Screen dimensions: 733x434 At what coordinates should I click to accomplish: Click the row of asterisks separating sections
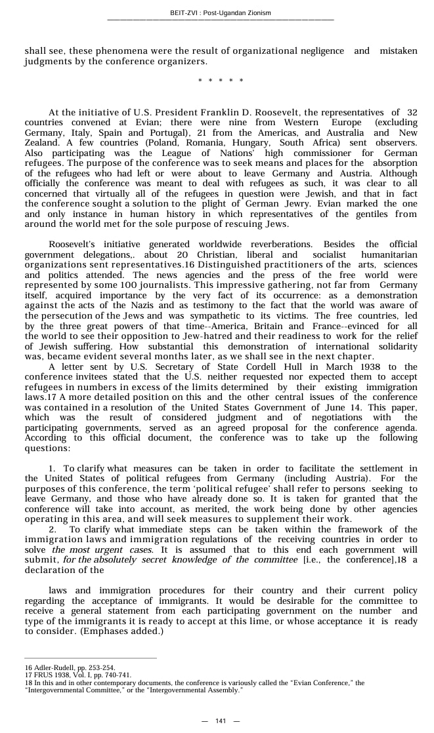[221, 81]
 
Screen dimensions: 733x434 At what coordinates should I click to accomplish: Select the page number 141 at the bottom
[221, 721]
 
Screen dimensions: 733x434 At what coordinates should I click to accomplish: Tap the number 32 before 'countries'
[412, 113]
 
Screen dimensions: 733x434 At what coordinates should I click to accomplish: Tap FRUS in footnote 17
[39, 675]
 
